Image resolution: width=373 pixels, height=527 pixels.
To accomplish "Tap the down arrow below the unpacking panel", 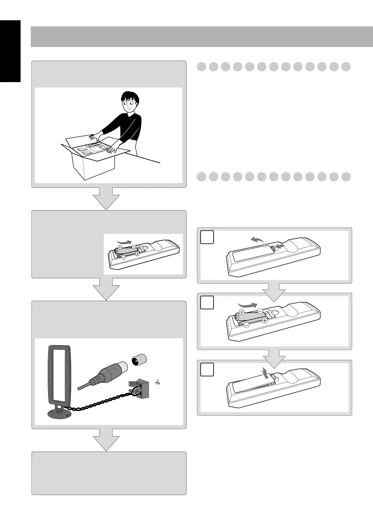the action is (x=106, y=198).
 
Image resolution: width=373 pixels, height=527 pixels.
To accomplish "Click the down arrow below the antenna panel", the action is (x=106, y=439).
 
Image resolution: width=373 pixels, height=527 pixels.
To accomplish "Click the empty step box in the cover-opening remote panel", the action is (x=207, y=237).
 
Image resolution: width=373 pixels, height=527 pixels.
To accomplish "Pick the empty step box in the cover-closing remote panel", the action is (x=207, y=369).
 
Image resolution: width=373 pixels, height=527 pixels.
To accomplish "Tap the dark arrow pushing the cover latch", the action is (x=280, y=247).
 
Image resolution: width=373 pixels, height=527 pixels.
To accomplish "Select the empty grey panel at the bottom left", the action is (x=109, y=473).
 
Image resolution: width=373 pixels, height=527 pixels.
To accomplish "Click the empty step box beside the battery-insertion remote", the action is (x=207, y=302).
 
